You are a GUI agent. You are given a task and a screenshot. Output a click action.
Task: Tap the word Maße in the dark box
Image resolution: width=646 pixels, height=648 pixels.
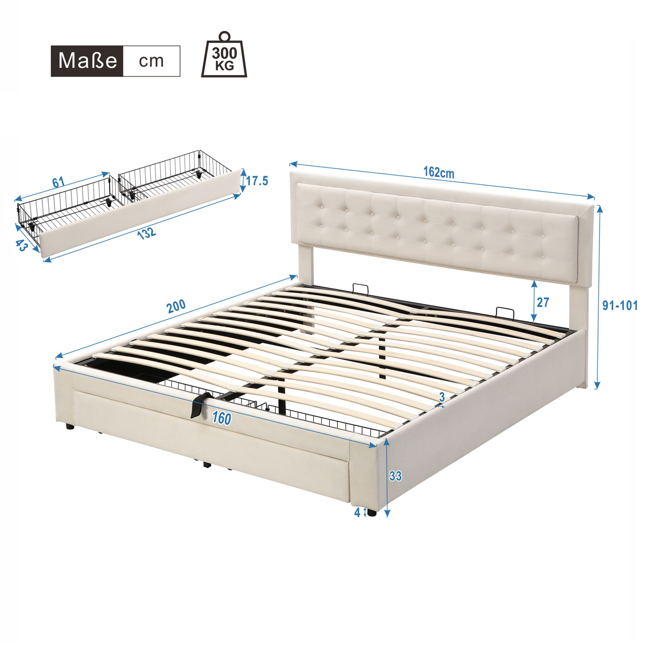coord(88,61)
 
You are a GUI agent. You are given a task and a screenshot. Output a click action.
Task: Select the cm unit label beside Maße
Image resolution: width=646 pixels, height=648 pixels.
coord(151,61)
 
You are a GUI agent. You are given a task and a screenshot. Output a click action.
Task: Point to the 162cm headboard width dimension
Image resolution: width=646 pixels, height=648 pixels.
coord(438,172)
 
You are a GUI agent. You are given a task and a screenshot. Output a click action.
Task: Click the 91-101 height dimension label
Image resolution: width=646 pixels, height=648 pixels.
coord(620,306)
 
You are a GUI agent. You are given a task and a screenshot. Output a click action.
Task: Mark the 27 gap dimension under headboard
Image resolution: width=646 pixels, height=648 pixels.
coord(543,302)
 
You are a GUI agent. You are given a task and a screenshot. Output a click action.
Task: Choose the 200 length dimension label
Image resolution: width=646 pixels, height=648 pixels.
coord(176,306)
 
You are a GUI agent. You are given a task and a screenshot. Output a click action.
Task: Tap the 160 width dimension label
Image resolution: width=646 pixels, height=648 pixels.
coord(222,418)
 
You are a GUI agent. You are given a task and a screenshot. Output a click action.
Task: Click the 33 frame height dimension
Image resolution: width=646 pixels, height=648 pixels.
coord(395,476)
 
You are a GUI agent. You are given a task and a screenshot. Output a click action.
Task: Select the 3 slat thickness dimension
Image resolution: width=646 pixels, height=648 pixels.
coord(442,397)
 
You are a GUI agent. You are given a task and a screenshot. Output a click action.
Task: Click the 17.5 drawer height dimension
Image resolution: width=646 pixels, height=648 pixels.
coord(257,181)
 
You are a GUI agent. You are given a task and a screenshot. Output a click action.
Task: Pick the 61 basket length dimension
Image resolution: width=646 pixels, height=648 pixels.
coord(58,183)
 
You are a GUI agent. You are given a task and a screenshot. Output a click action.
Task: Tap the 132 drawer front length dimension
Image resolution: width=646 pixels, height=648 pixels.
coord(147,233)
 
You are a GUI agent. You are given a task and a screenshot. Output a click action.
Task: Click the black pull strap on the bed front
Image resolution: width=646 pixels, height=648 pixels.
coord(200,404)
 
